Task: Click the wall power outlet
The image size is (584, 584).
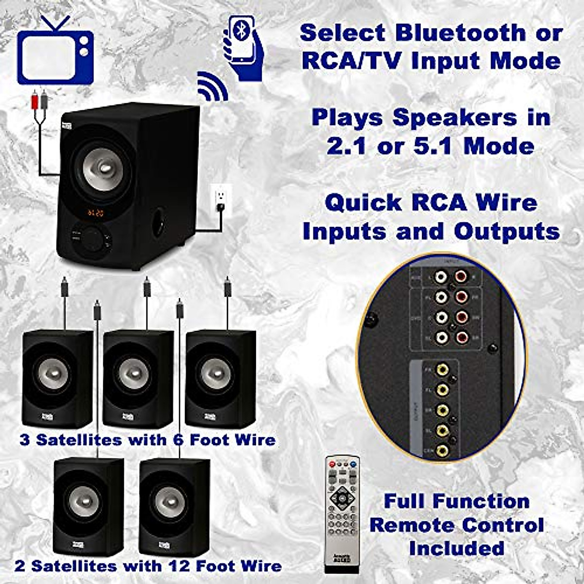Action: [221, 197]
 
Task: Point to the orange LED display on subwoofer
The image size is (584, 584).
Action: [95, 212]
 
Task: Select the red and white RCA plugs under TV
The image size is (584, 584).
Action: [39, 101]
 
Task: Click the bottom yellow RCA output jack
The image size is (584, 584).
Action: [442, 451]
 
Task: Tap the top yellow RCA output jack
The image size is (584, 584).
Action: [442, 370]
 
